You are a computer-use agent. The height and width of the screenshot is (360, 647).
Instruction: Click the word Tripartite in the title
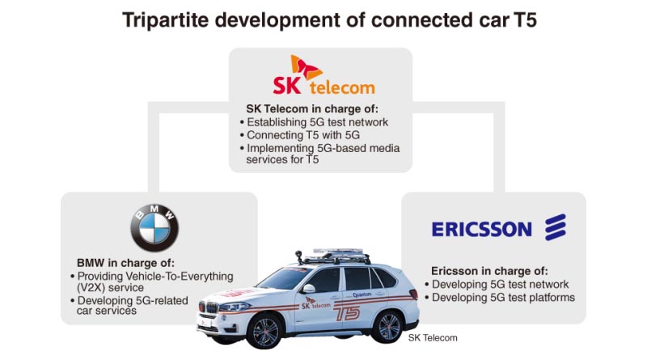pyautogui.click(x=166, y=20)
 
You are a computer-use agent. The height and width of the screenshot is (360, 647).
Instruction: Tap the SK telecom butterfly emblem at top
pyautogui.click(x=306, y=68)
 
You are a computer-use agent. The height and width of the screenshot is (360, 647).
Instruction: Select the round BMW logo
pyautogui.click(x=154, y=228)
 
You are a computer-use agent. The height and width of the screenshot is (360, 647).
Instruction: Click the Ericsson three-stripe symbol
pyautogui.click(x=556, y=227)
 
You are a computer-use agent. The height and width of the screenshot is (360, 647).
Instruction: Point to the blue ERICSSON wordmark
pyautogui.click(x=482, y=230)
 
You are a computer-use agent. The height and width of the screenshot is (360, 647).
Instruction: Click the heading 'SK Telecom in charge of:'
pyautogui.click(x=312, y=109)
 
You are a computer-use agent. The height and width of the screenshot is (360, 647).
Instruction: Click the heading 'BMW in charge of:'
pyautogui.click(x=125, y=263)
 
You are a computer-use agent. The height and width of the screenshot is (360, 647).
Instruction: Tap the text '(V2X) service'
pyautogui.click(x=110, y=288)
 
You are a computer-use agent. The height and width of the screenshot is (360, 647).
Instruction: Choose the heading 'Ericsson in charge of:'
pyautogui.click(x=489, y=271)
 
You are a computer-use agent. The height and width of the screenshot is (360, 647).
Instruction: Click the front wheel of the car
pyautogui.click(x=264, y=331)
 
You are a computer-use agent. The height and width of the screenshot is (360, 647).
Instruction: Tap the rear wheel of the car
pyautogui.click(x=388, y=327)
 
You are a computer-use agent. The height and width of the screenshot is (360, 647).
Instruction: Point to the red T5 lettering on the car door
pyautogui.click(x=348, y=313)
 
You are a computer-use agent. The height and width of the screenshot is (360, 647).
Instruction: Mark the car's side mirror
pyautogui.click(x=309, y=288)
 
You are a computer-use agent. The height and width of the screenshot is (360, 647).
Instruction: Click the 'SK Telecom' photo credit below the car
pyautogui.click(x=433, y=337)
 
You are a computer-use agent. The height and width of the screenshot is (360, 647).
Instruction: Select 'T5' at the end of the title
pyautogui.click(x=525, y=20)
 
